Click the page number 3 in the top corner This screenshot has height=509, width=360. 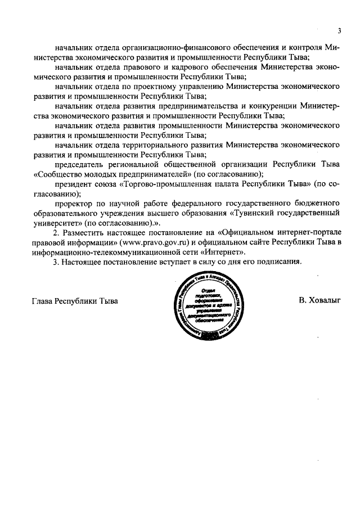[x=339, y=30]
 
